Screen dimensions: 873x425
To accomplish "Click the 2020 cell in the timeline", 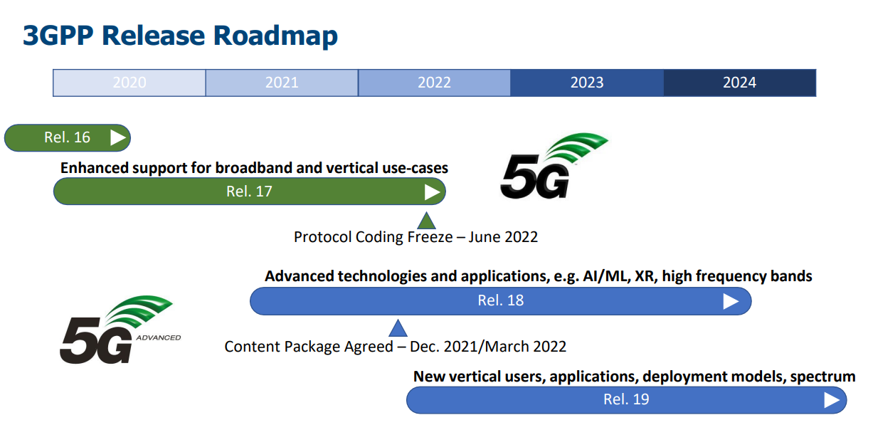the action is coord(129,83).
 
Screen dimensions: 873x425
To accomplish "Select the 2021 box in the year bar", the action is coord(282,83).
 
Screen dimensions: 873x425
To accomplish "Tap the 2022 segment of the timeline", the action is coord(434,83).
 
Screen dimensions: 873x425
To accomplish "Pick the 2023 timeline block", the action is coord(587,83).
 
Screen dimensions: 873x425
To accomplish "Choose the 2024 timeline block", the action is coord(740,83).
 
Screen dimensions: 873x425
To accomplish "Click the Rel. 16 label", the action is coord(67,137).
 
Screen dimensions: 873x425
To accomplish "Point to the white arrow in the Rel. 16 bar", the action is coord(117,137).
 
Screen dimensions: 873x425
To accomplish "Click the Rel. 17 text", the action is coord(249,191).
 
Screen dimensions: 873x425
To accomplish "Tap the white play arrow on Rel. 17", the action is coord(432,191).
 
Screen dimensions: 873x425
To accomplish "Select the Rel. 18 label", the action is coord(501,300).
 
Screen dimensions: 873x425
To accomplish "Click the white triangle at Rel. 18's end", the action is coord(731,301).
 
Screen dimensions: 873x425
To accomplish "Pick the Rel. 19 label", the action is coord(626,399).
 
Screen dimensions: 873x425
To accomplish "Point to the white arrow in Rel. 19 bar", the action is coord(832,400).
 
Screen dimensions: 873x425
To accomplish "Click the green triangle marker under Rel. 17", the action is coord(426,221).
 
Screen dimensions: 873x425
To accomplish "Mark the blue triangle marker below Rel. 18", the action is coord(398,328).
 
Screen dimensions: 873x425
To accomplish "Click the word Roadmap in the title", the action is coord(275,36).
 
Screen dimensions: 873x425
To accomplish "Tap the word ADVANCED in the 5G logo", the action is coord(159,337).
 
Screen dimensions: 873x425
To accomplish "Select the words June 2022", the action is coord(503,237).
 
